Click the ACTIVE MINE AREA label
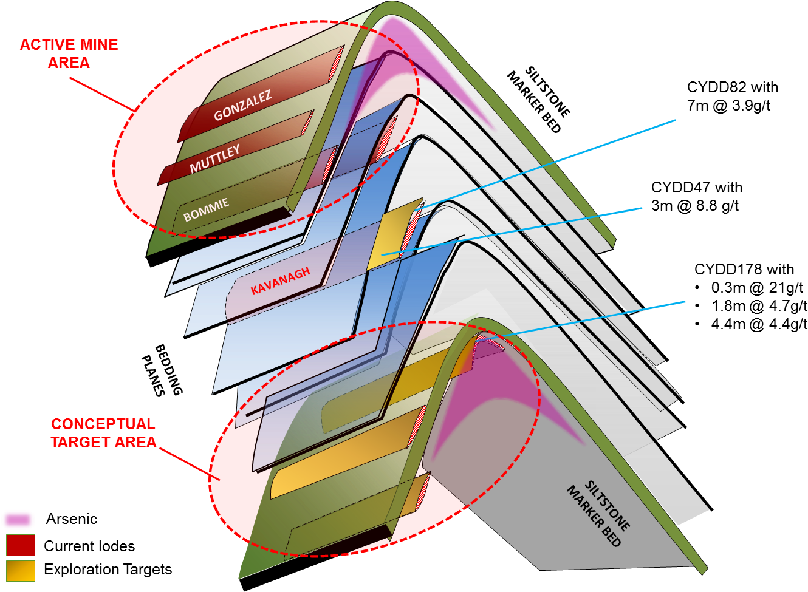pyautogui.click(x=69, y=53)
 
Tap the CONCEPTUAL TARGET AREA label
pyautogui.click(x=103, y=433)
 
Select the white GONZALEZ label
pyautogui.click(x=242, y=106)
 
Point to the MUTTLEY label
pyautogui.click(x=214, y=158)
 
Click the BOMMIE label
pyautogui.click(x=206, y=209)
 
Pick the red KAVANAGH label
pyautogui.click(x=280, y=281)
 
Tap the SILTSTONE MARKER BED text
pyautogui.click(x=598, y=514)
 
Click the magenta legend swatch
pyautogui.click(x=18, y=520)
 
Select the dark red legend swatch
pyautogui.click(x=21, y=545)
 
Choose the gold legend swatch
pyautogui.click(x=21, y=571)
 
